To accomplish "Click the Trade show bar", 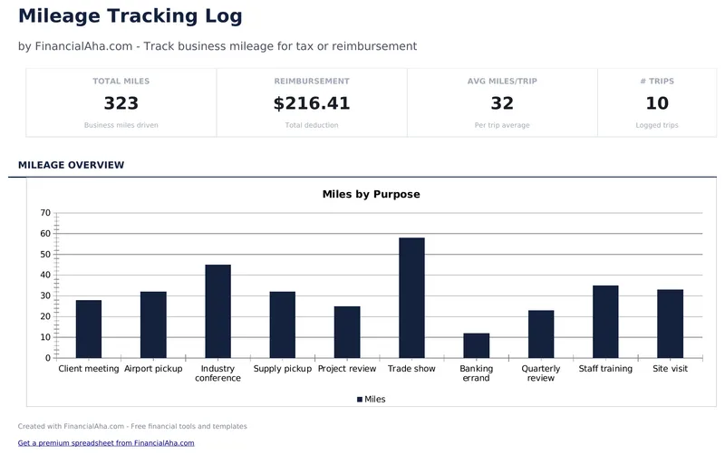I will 411,298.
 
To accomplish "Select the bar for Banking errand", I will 476,345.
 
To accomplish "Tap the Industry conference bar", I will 217,312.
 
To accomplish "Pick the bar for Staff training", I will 605,322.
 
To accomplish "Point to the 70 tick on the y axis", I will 45,213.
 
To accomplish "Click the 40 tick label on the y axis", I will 45,276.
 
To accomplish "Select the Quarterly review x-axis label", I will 540,373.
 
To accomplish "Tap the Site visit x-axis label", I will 670,369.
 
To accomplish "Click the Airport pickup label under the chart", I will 153,369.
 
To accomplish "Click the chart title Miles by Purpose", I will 371,194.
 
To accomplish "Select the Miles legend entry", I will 371,399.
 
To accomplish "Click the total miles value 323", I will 121,103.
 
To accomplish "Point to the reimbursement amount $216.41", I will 311,103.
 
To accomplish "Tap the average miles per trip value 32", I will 501,103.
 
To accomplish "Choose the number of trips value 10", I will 656,103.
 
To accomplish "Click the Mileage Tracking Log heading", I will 130,15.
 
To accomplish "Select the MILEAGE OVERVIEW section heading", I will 71,165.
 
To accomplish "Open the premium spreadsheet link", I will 106,443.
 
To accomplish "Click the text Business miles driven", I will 121,125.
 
